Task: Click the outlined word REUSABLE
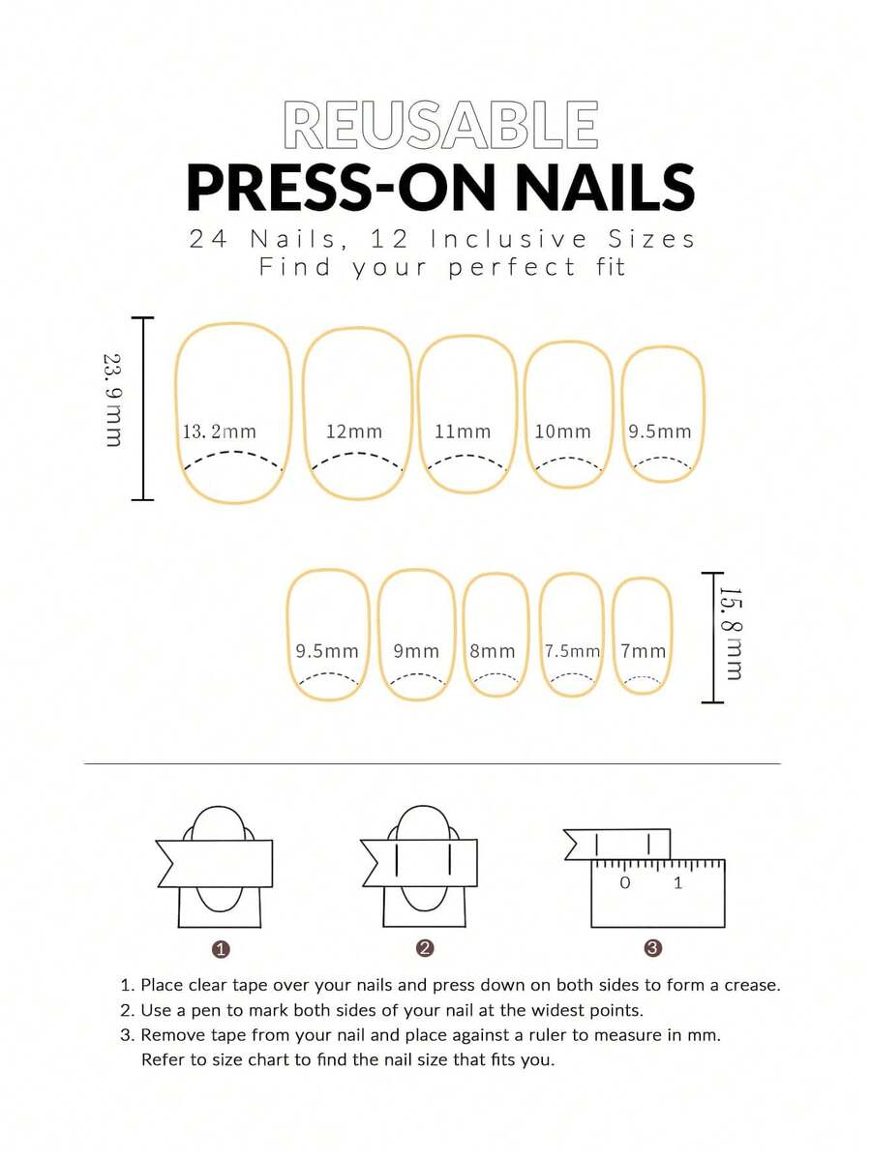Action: (440, 124)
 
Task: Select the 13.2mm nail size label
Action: (219, 431)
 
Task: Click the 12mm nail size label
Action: (354, 431)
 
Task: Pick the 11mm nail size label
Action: (463, 431)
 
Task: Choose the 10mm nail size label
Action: (563, 431)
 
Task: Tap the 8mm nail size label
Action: (492, 651)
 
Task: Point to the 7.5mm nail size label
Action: (572, 651)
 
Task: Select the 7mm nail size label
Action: (643, 651)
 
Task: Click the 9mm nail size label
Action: (416, 651)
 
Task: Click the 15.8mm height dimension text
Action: (731, 634)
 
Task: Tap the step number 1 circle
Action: (221, 949)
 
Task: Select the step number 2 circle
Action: (425, 948)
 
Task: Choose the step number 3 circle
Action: (652, 948)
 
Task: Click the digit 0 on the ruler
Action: (625, 882)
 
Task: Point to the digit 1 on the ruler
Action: (677, 882)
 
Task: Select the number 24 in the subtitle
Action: (208, 239)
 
